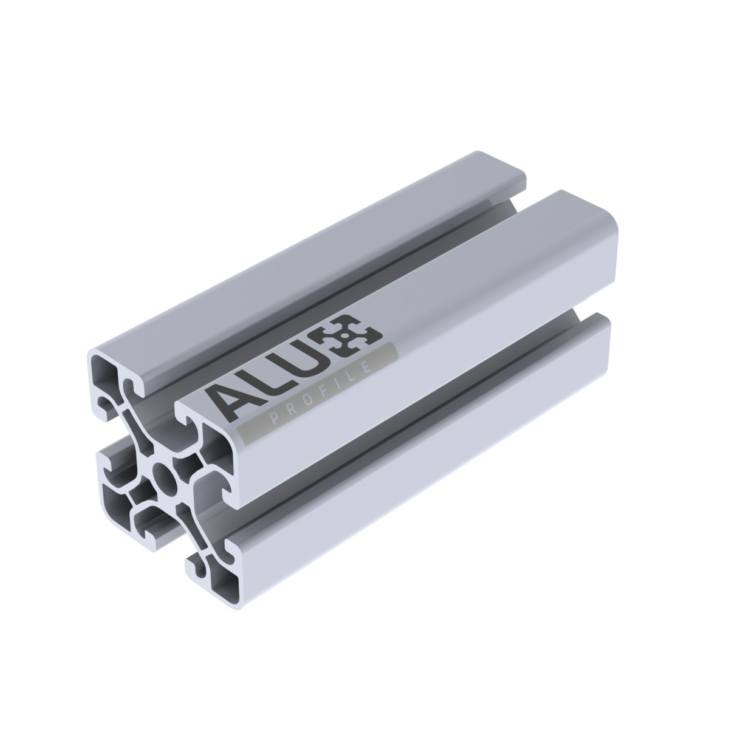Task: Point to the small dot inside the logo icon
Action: click(x=344, y=335)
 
